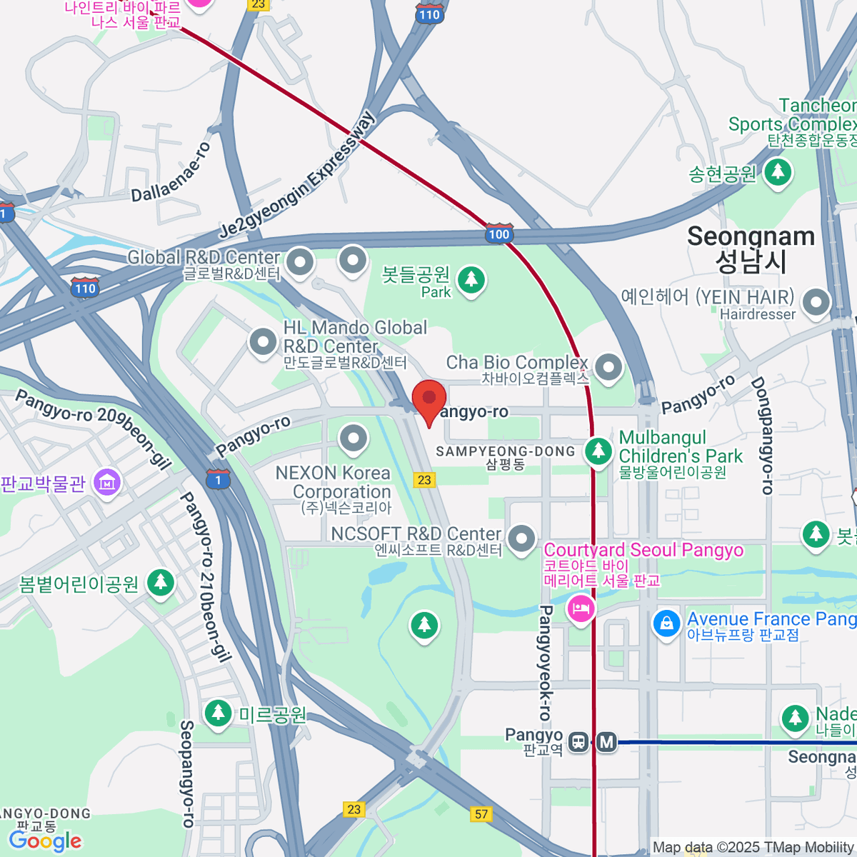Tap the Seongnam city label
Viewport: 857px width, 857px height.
coord(751,249)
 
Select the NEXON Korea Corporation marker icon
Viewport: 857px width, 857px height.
coord(353,438)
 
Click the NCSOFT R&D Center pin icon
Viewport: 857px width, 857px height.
coord(522,538)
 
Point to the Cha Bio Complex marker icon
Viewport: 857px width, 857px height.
coord(608,368)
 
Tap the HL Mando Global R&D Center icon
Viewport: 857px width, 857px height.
coord(264,341)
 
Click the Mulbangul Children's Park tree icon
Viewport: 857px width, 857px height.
coord(598,450)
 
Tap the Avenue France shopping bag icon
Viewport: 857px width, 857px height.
coord(666,623)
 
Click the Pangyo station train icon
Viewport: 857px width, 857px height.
coord(578,743)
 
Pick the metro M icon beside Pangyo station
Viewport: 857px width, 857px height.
coord(607,743)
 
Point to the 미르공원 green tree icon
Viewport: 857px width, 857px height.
coord(218,712)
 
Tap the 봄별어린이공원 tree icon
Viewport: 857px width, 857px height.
coord(161,582)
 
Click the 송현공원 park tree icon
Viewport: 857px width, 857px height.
coord(778,171)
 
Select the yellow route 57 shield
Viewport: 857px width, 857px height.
coord(482,814)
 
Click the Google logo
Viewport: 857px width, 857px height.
coord(45,841)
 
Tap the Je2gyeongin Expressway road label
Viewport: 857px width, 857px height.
coord(296,176)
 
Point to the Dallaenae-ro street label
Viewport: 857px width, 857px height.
coord(171,172)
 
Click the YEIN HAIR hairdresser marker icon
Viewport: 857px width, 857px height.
coord(816,302)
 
